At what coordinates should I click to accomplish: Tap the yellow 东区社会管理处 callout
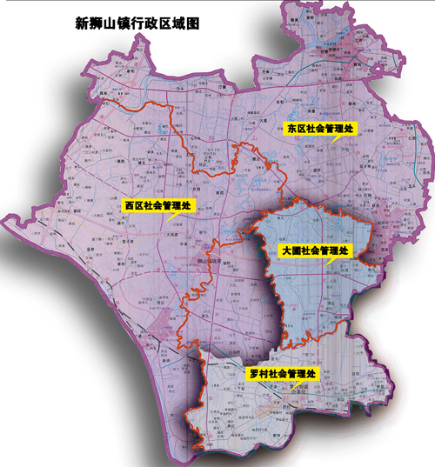(x=320, y=127)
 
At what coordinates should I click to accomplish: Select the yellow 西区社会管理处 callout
(x=157, y=206)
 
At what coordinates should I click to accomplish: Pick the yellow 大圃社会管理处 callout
(x=315, y=250)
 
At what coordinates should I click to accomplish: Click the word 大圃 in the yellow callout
(x=292, y=250)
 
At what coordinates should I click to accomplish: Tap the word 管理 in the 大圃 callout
(x=331, y=250)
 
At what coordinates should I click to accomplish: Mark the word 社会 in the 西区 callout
(x=152, y=206)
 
